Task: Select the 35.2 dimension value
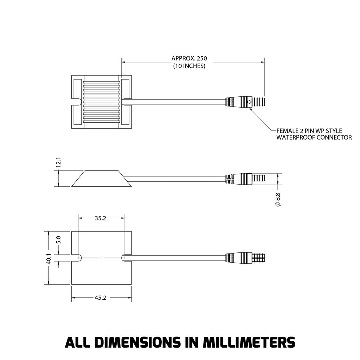tap(100, 218)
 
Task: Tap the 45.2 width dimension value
tap(100, 298)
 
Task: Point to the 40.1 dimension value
tap(49, 259)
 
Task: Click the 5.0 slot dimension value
tap(59, 240)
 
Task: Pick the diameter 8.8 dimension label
tap(278, 199)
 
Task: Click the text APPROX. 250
tap(189, 58)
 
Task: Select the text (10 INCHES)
tap(189, 66)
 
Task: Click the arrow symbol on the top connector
tap(249, 102)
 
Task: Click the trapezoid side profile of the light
tap(101, 179)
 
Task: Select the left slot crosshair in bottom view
tap(78, 258)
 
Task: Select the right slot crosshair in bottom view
tap(124, 258)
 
